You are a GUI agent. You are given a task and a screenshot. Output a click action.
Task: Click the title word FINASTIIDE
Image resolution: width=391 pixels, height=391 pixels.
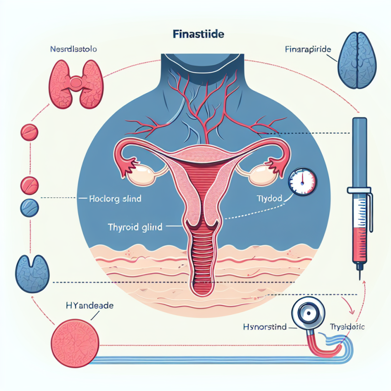[x=195, y=35]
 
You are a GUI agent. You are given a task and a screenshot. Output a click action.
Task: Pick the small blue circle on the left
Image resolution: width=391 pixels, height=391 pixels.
[x=29, y=207]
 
